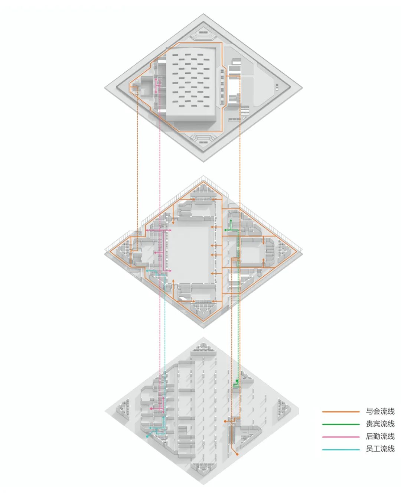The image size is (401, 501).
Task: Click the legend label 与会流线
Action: point(380,411)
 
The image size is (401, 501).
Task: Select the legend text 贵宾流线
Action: point(380,424)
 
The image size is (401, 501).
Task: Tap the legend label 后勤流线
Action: point(380,436)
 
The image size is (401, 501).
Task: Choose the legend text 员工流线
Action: point(380,449)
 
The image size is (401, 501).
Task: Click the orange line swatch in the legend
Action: point(341,412)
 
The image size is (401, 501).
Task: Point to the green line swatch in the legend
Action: point(341,424)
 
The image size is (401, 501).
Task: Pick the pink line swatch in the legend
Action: point(341,437)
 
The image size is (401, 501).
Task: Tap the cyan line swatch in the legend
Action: point(341,449)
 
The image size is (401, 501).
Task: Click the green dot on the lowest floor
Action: point(237,381)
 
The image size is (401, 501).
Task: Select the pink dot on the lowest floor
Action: point(151,409)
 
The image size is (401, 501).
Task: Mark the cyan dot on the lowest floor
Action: point(148,437)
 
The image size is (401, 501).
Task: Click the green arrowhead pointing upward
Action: point(231,221)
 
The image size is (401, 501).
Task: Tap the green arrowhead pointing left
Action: point(225,231)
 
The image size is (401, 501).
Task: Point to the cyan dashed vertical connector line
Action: point(165,334)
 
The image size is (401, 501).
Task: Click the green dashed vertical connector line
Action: point(238,334)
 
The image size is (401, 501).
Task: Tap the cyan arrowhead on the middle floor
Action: point(148,271)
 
